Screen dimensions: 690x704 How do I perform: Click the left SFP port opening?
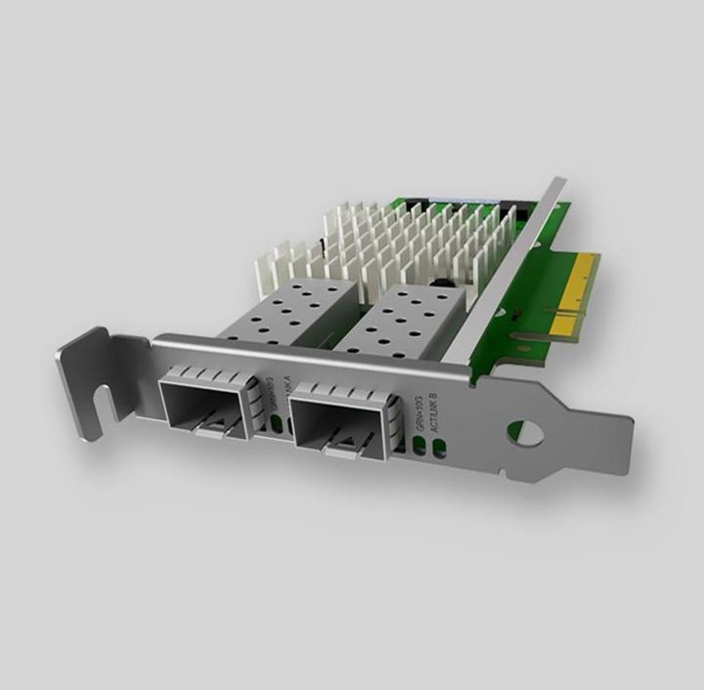coord(200,401)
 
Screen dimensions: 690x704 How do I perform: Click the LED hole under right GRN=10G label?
coord(420,446)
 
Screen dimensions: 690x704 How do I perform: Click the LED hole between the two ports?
coord(276,423)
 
